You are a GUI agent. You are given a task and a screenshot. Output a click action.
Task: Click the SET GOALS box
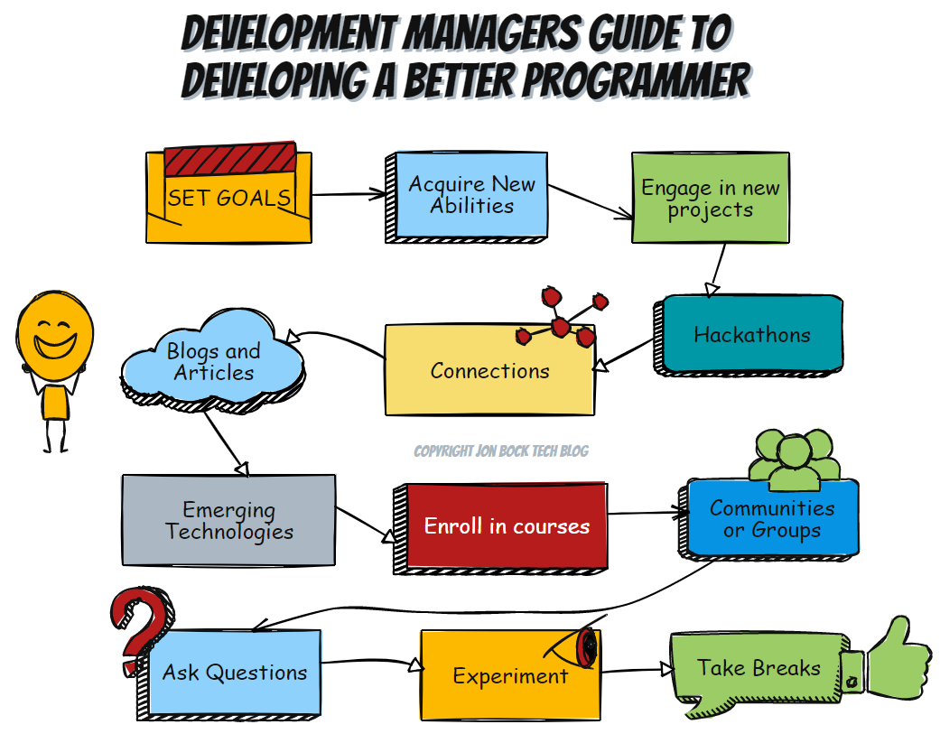(x=228, y=198)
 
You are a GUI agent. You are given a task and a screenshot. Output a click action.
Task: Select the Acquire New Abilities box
(x=467, y=197)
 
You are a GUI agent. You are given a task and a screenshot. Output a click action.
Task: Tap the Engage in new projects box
(x=711, y=198)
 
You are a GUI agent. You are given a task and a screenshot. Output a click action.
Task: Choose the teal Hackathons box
(x=749, y=335)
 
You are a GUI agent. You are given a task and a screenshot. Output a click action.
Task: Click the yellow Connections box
(x=489, y=370)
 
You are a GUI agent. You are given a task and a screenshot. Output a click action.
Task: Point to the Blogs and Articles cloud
(x=213, y=361)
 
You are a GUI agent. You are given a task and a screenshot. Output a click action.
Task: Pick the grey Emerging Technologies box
(x=228, y=520)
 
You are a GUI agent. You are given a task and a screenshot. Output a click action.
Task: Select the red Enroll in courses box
(x=501, y=528)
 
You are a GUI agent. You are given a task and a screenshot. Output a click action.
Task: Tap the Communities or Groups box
(x=769, y=519)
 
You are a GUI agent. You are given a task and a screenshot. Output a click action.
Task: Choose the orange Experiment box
(x=510, y=675)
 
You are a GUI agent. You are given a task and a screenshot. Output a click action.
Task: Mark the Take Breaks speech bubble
(x=758, y=672)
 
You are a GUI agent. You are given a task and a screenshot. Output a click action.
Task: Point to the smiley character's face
(x=54, y=335)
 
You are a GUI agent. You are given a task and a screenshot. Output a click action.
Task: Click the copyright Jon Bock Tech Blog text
(x=501, y=451)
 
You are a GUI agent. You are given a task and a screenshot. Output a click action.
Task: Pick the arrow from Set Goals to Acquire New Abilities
(x=349, y=194)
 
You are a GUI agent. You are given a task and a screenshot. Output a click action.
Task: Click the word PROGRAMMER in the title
(x=638, y=81)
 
